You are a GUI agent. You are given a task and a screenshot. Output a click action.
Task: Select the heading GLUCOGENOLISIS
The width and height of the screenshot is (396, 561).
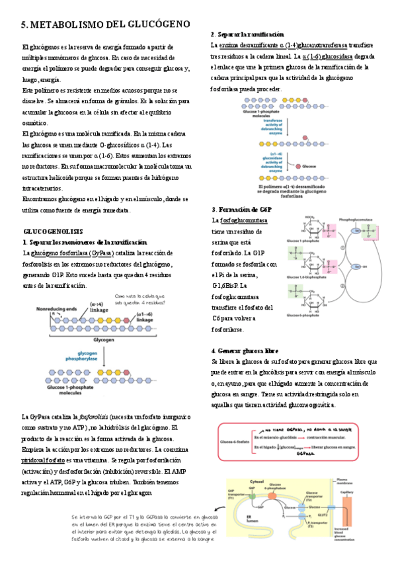(53, 232)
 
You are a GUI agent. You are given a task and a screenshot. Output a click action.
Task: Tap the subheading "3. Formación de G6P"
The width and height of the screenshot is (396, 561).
(241, 209)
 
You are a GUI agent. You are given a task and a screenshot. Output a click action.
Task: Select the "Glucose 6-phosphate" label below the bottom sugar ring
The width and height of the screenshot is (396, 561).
(303, 314)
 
